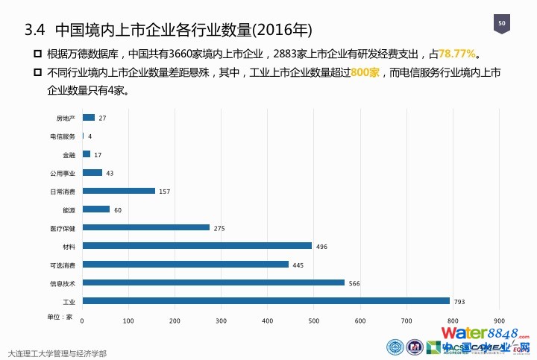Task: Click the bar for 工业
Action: coord(266,301)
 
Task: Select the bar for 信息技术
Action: coord(213,282)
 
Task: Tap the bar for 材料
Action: coord(197,245)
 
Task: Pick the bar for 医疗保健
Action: coord(145,227)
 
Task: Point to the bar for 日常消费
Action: coord(119,191)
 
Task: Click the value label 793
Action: coord(459,302)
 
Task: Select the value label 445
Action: coord(298,265)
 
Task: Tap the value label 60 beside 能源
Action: coord(117,210)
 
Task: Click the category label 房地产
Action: coord(66,119)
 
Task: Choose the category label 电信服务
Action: coord(63,136)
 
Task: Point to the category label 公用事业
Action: coord(63,173)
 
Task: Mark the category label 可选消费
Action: coord(63,265)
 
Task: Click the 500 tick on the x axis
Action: coord(314,320)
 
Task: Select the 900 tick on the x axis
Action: coord(500,320)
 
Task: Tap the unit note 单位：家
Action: coord(60,317)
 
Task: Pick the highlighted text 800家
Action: coord(365,73)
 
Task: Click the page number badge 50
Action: coord(502,25)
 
